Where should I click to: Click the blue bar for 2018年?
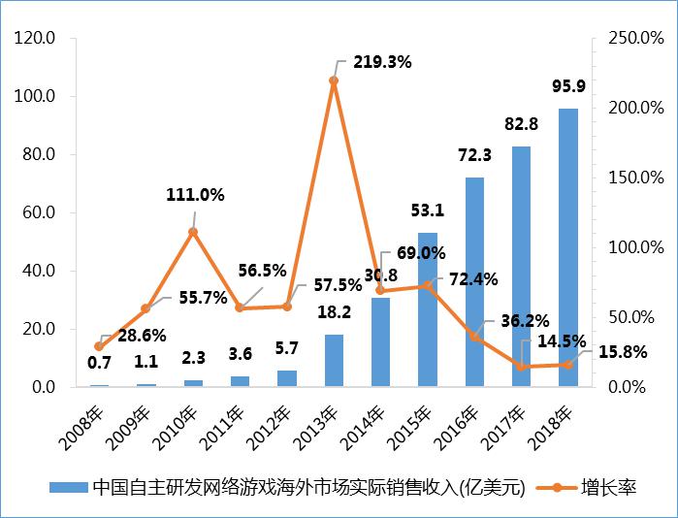(568, 247)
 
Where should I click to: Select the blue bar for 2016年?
(474, 281)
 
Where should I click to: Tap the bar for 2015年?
(428, 309)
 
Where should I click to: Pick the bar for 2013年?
(334, 360)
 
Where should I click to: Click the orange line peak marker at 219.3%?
(334, 81)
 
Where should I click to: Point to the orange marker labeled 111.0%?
(193, 232)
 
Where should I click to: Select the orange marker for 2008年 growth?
(99, 346)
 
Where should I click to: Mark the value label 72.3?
(474, 155)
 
